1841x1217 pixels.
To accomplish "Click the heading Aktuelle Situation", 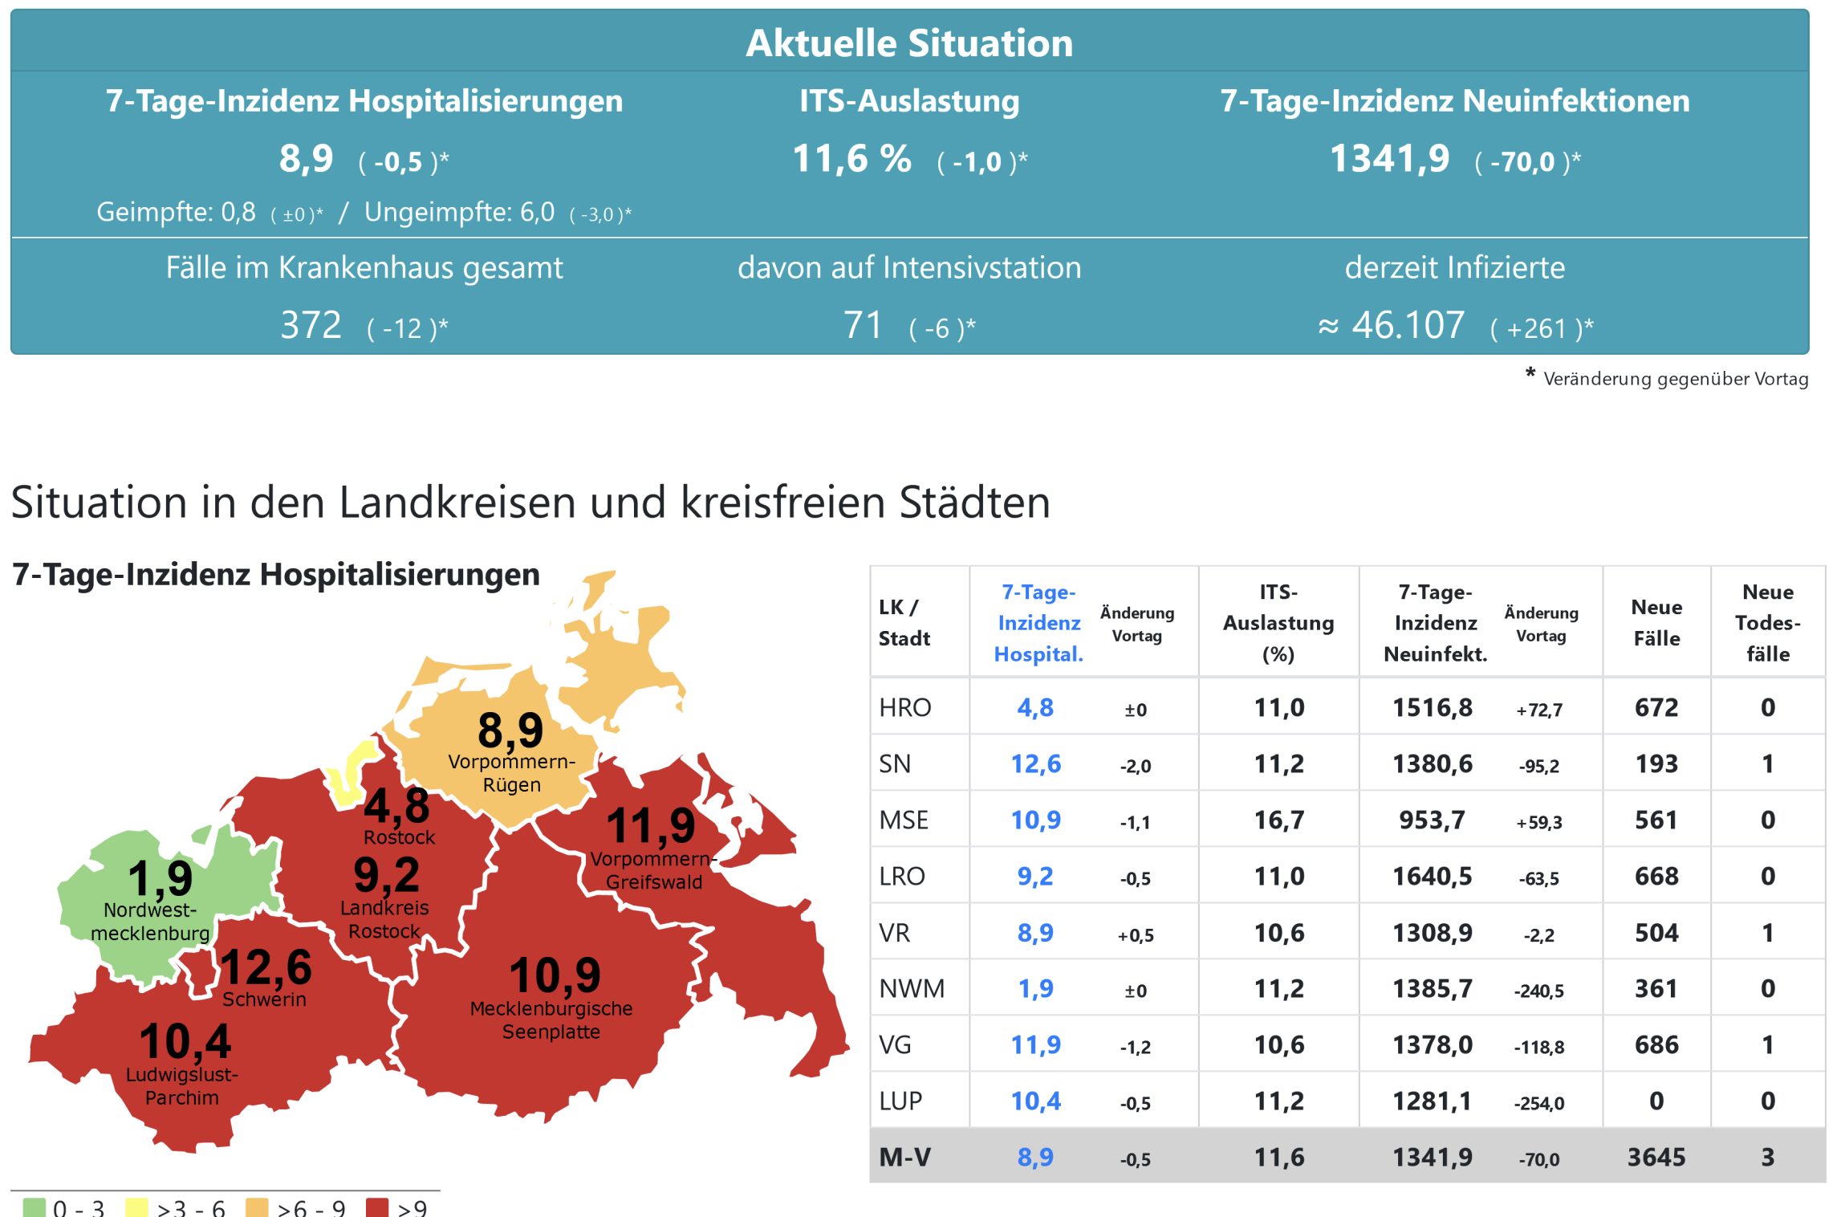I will (909, 43).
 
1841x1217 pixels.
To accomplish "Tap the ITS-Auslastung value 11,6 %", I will (851, 159).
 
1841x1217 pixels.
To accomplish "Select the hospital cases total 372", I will (311, 326).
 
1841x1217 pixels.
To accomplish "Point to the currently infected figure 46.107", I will (1408, 326).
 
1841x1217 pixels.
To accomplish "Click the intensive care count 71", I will (863, 326).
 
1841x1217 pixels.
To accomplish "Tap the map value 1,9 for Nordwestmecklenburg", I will (161, 877).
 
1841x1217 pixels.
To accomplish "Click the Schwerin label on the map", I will (264, 999).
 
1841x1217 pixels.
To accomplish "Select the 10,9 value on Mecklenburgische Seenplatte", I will (555, 975).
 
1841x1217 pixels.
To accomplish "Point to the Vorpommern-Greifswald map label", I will (653, 870).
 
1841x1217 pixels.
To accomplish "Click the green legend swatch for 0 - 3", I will (35, 1207).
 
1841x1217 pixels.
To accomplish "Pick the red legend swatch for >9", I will (376, 1207).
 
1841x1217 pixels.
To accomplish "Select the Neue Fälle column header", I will (1656, 622).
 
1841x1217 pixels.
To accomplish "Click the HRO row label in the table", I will (905, 707).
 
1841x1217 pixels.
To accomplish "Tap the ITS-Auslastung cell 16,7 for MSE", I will (1279, 820).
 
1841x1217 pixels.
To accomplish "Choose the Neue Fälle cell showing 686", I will (1656, 1044).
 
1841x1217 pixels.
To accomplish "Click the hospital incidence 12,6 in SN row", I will (1035, 763).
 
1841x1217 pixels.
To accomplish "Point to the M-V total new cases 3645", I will (1656, 1157).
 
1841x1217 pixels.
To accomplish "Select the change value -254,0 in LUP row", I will (1538, 1103).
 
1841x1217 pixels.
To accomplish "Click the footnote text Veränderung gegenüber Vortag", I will (1675, 379).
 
